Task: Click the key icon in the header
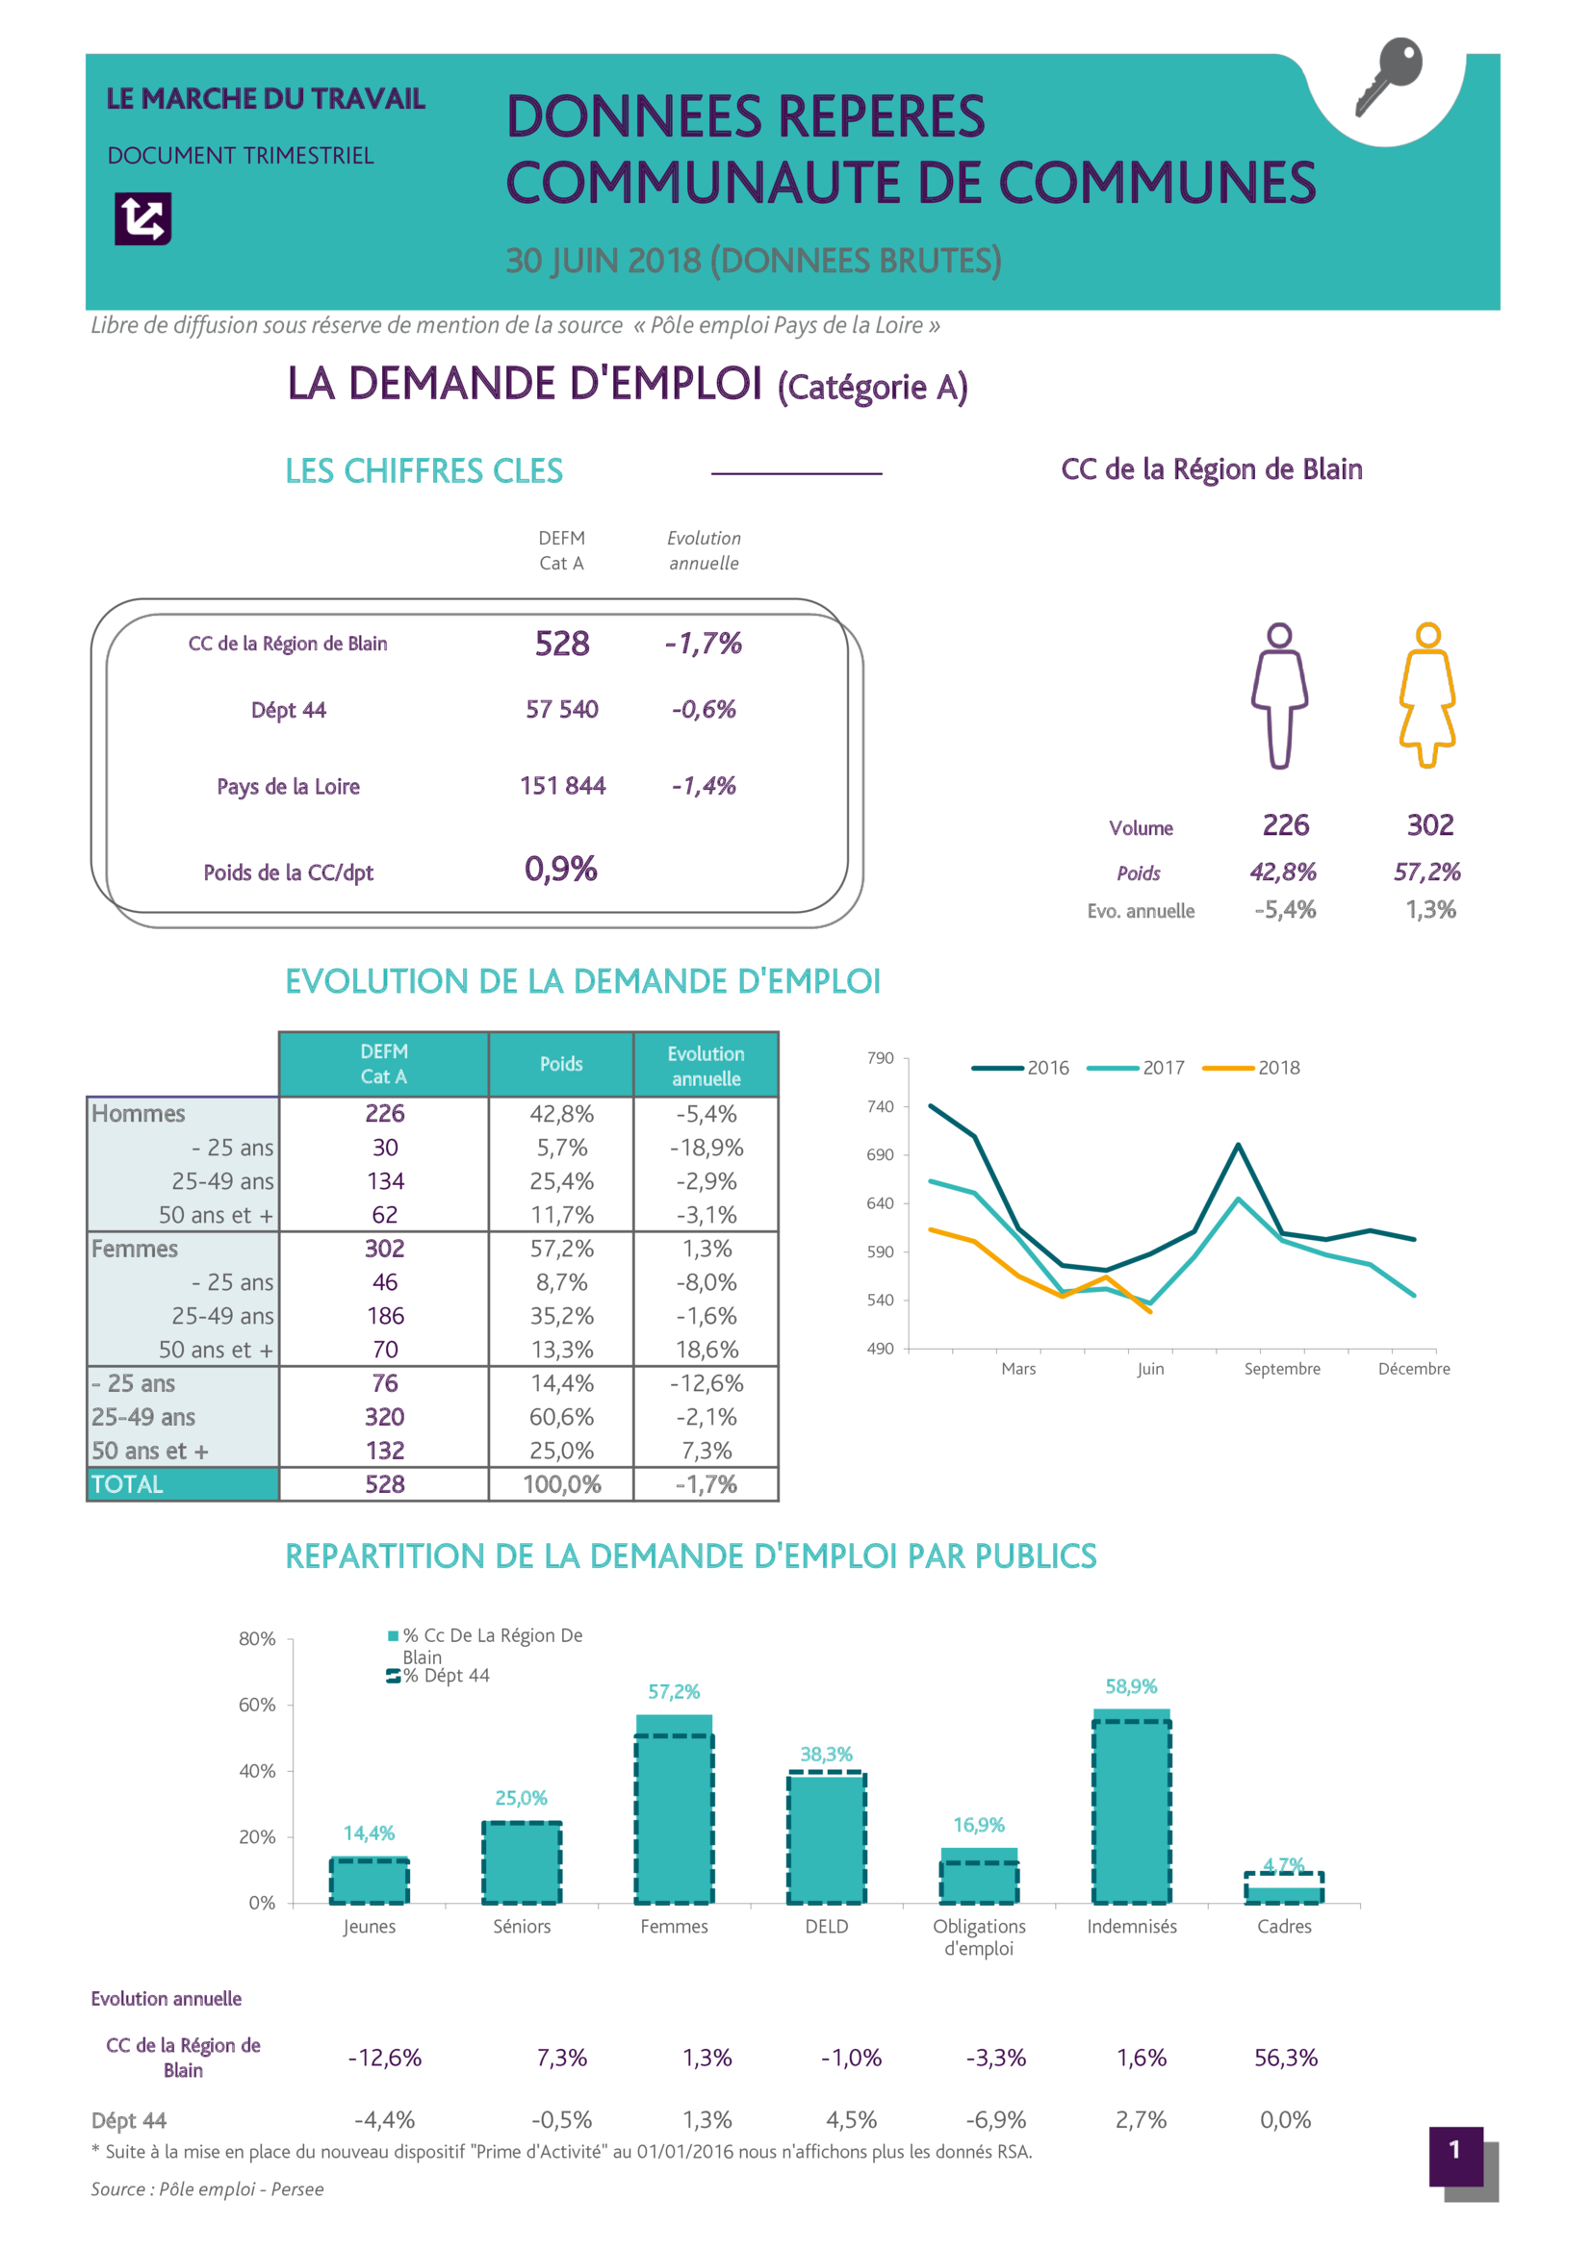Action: [x=1388, y=75]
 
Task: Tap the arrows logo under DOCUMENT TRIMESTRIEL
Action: [x=143, y=217]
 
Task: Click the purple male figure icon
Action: [x=1279, y=695]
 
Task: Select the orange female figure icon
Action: [x=1427, y=695]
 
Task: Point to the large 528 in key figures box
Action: [x=562, y=644]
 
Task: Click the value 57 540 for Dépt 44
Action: [x=562, y=710]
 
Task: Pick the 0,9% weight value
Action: [x=561, y=870]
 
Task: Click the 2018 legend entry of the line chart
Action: [x=1252, y=1067]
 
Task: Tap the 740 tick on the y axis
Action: [x=881, y=1106]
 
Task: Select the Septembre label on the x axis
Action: [x=1281, y=1369]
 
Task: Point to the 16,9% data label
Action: [x=978, y=1825]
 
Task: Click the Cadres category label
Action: [x=1283, y=1927]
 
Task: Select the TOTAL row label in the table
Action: [x=127, y=1484]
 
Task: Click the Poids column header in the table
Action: [x=561, y=1064]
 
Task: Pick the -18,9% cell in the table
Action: [x=706, y=1148]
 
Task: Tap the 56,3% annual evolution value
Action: [x=1285, y=2058]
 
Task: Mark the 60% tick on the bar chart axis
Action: [x=257, y=1706]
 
